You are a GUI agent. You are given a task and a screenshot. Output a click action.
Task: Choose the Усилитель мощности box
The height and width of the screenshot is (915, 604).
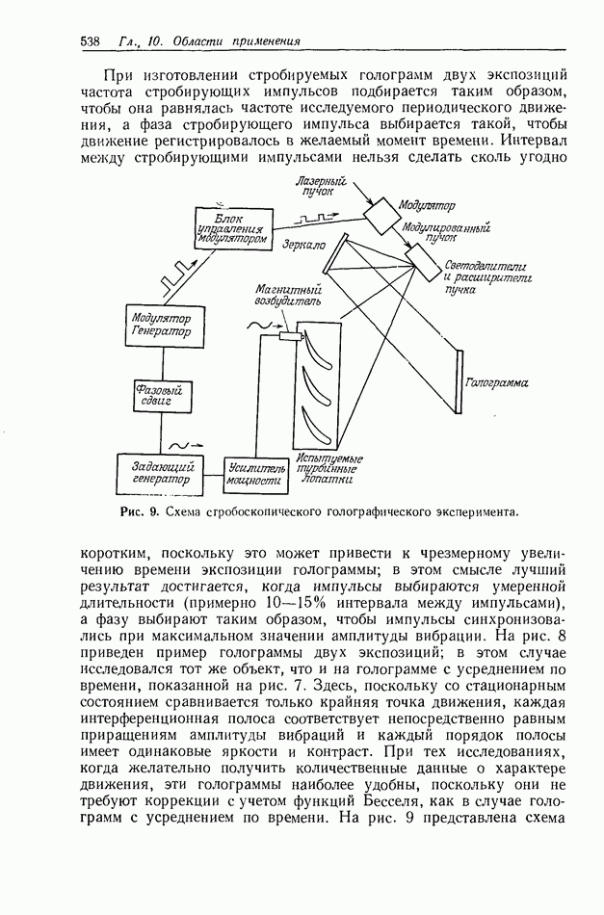click(x=255, y=471)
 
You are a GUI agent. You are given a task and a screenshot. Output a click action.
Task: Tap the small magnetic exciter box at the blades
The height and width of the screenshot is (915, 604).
click(x=290, y=336)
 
